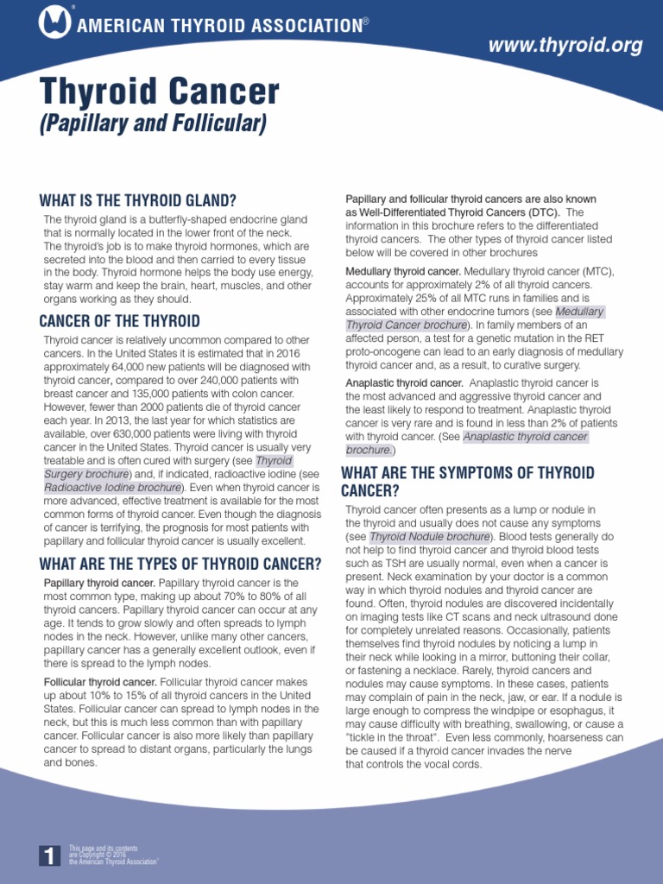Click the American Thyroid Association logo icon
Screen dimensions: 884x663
coord(54,22)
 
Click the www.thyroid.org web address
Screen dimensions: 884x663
coord(566,46)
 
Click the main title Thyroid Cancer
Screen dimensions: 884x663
coord(160,92)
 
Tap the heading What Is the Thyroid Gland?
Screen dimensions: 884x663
coord(137,199)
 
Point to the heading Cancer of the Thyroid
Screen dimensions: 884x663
coord(119,321)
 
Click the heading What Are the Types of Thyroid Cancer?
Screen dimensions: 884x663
coord(180,565)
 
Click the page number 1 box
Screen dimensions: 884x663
coord(49,855)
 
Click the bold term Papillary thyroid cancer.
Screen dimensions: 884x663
coord(99,584)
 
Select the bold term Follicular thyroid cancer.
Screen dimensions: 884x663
coord(100,682)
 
